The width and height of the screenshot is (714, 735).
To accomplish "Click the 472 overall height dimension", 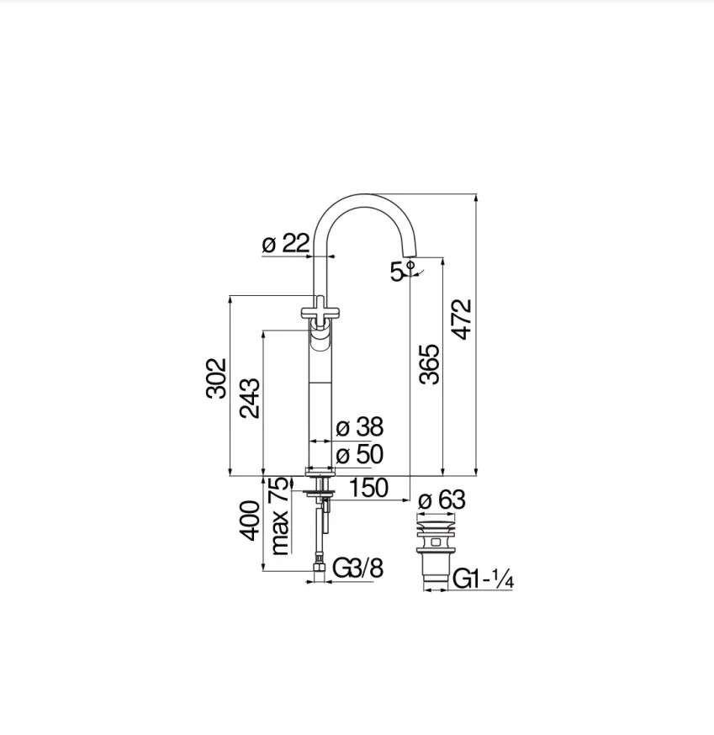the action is (463, 320).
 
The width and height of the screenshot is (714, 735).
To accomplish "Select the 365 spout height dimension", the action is (430, 365).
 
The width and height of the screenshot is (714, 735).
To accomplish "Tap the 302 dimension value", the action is (217, 378).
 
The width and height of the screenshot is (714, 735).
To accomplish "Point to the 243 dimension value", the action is (250, 398).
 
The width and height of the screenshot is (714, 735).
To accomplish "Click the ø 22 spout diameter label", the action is (285, 244).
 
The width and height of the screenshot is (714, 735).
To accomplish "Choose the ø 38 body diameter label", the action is (360, 427).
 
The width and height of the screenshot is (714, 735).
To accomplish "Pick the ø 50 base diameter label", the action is (360, 455).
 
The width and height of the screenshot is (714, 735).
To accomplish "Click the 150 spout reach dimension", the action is (369, 488).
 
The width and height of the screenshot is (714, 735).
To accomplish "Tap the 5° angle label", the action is (402, 271).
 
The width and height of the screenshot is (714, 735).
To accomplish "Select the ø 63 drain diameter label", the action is (442, 500).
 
